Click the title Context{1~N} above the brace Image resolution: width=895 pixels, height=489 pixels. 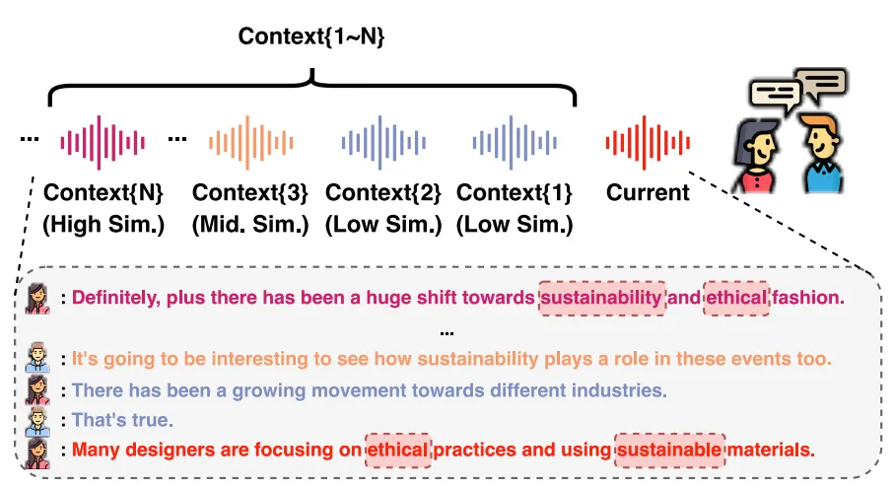tap(311, 37)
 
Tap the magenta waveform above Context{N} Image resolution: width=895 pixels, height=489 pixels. tap(103, 142)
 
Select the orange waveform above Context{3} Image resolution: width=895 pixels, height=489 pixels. tap(247, 142)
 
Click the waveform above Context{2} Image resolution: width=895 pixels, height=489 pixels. tap(381, 142)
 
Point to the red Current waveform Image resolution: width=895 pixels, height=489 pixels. tap(648, 142)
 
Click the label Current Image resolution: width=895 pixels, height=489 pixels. tap(648, 192)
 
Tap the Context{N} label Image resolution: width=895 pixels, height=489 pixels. tap(103, 191)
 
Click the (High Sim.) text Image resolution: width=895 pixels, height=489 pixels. tap(103, 225)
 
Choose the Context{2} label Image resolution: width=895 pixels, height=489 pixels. tap(382, 191)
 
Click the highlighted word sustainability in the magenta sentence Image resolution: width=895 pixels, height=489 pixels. tap(601, 297)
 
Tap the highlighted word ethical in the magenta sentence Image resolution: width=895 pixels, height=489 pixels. tap(735, 297)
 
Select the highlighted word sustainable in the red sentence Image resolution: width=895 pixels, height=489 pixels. tap(669, 451)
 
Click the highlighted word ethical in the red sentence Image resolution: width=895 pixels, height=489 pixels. tap(398, 451)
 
